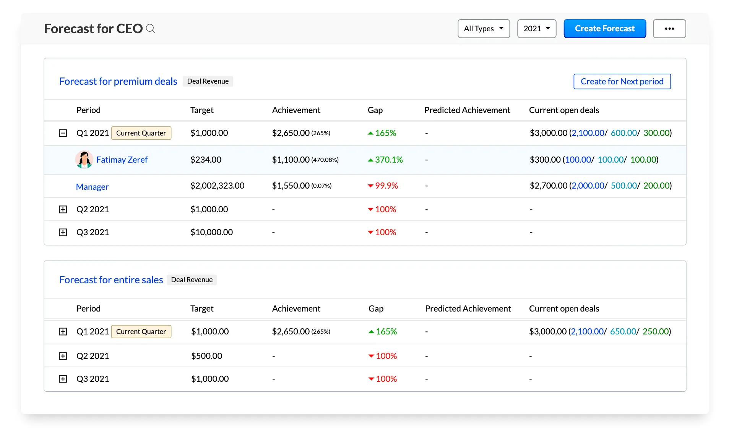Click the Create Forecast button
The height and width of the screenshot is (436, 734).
pos(604,29)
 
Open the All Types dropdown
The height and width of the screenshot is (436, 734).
pos(484,29)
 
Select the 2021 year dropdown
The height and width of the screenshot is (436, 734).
pos(536,29)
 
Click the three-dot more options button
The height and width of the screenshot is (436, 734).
pos(669,29)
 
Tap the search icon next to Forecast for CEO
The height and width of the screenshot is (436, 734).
pos(151,29)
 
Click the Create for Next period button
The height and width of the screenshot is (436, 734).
pos(622,81)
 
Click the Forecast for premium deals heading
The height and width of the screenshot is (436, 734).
pos(118,81)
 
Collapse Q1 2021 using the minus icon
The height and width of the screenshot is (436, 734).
pos(63,133)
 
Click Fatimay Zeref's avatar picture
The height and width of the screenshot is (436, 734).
pos(84,160)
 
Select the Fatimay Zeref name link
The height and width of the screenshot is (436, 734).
pos(122,160)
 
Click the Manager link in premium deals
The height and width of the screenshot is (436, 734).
pos(92,187)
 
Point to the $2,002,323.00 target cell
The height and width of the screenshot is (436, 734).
pos(217,186)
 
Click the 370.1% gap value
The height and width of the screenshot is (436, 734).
pos(388,160)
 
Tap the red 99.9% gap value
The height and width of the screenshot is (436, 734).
pos(386,186)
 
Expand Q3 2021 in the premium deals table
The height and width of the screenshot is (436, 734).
pos(63,232)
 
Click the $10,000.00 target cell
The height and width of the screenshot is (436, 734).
pos(211,232)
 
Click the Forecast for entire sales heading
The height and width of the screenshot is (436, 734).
pos(111,280)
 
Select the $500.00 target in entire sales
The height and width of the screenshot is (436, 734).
pos(206,356)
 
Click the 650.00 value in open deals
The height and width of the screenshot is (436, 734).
pos(623,331)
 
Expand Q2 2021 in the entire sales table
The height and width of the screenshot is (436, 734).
pos(63,356)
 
